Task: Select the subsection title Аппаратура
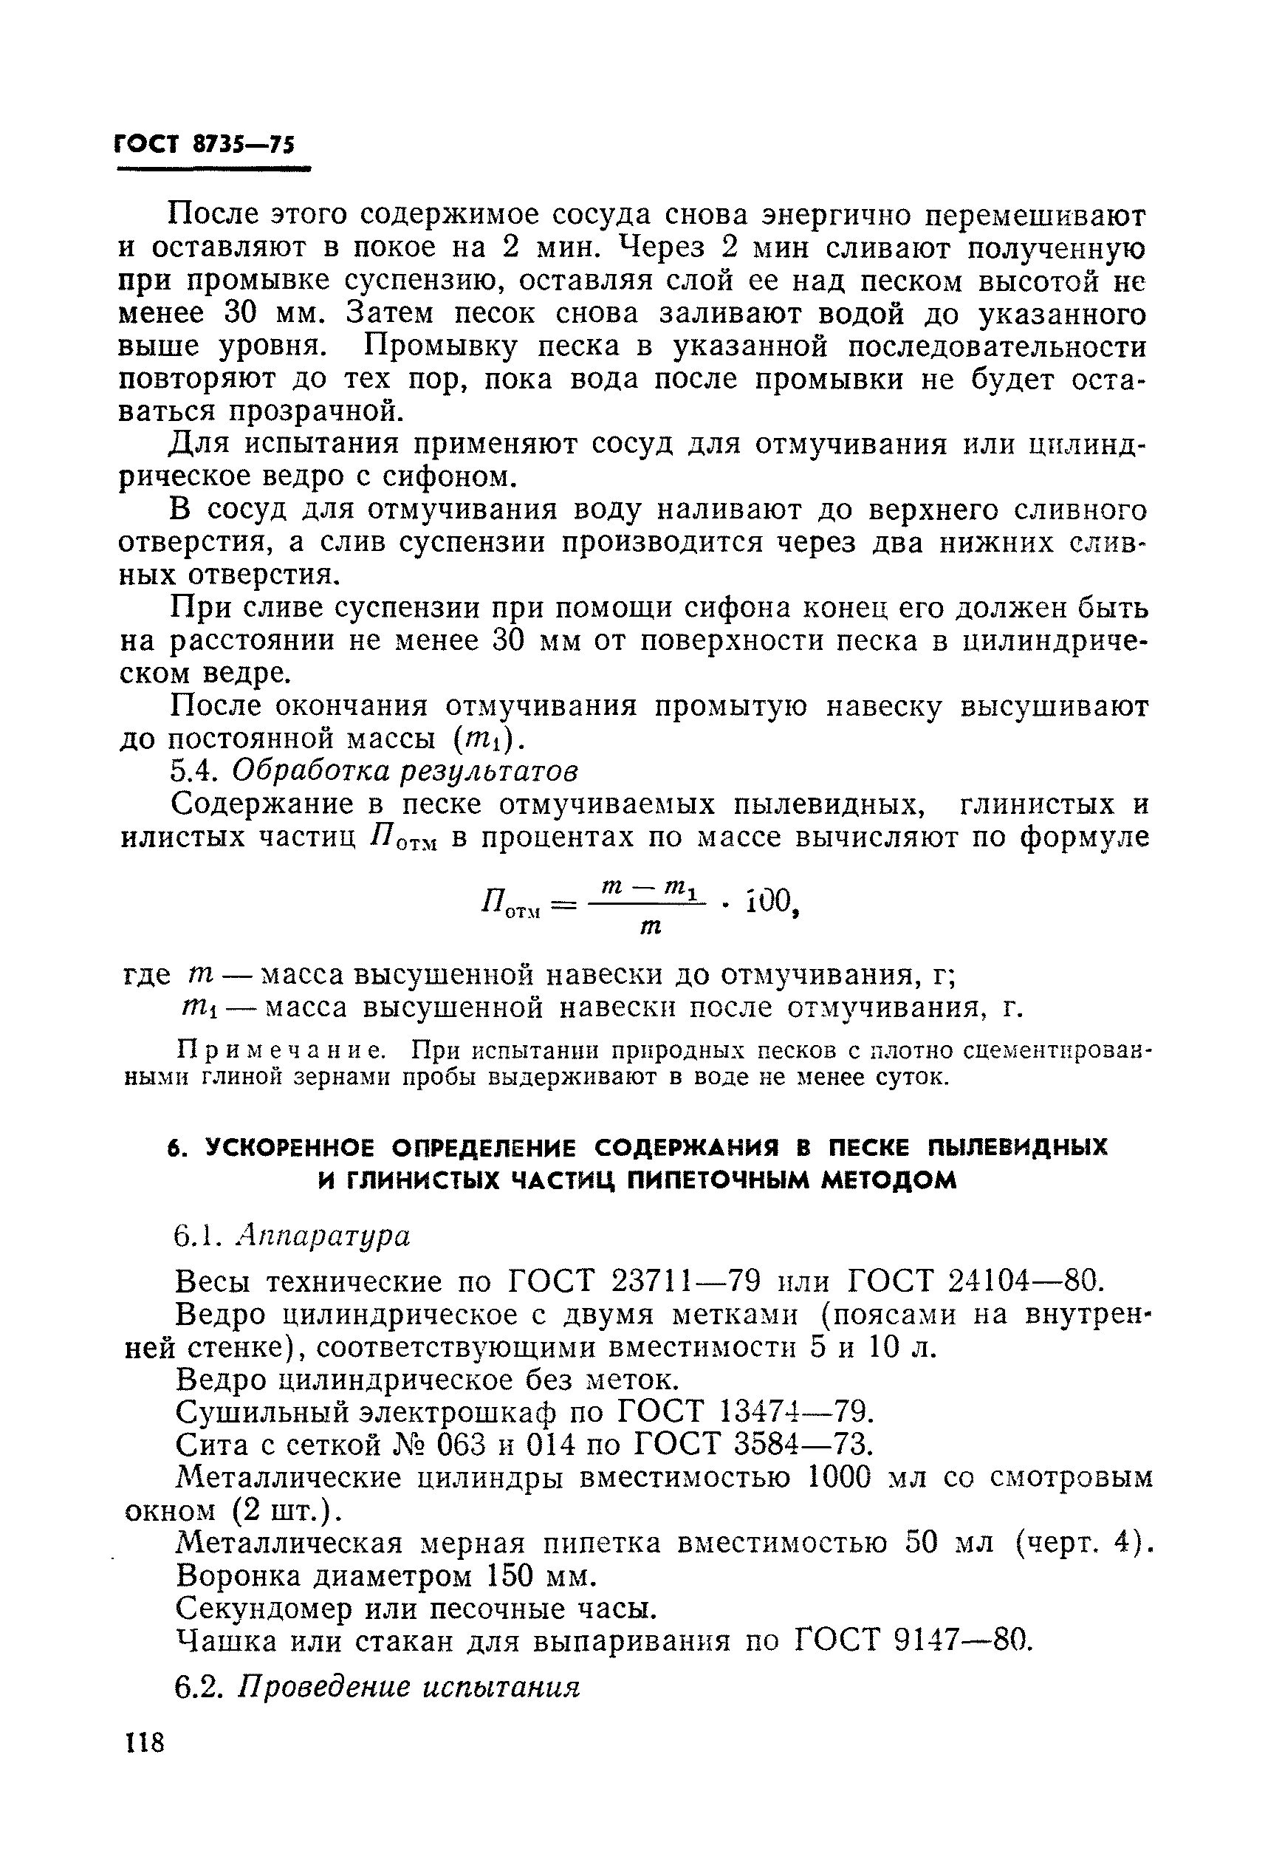coord(323,1236)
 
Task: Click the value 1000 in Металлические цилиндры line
coord(840,1477)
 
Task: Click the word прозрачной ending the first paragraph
coord(315,412)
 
